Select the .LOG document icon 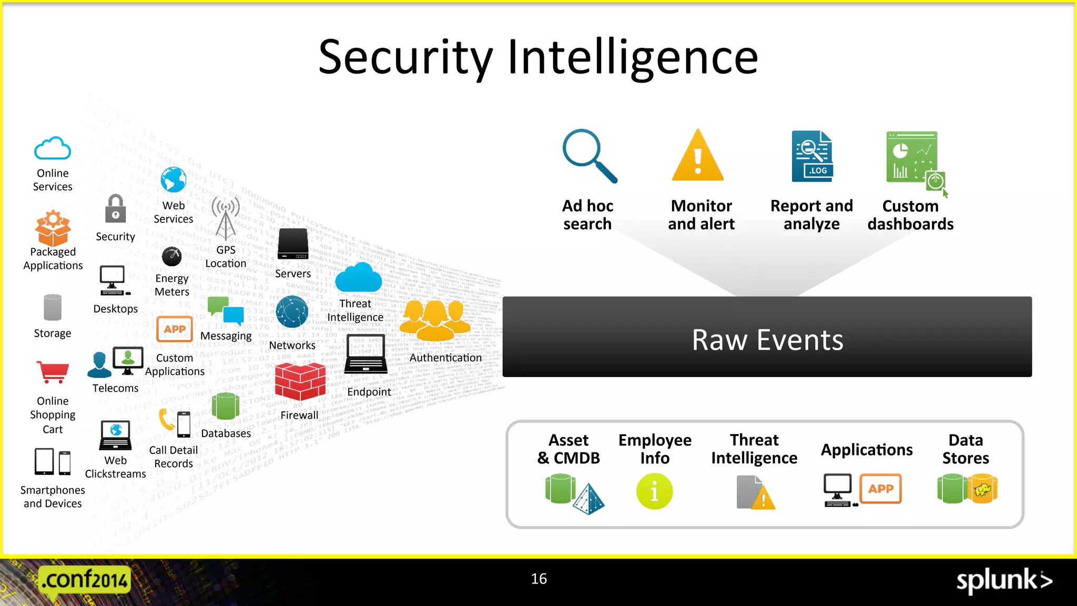[x=812, y=156]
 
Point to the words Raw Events [x=767, y=340]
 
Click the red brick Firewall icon [x=300, y=382]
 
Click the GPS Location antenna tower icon [x=226, y=218]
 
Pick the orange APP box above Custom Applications [x=175, y=329]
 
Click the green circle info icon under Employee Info [x=654, y=491]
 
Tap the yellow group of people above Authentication [x=435, y=320]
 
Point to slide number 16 [x=539, y=579]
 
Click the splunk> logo [x=1003, y=581]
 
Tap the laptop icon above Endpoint [x=367, y=354]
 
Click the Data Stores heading [x=965, y=449]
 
